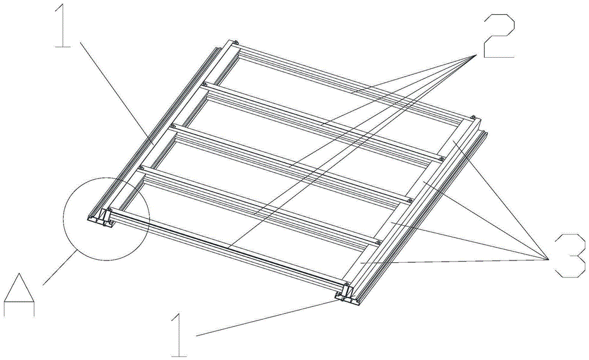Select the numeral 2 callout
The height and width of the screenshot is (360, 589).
click(498, 37)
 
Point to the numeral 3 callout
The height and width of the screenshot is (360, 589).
click(570, 256)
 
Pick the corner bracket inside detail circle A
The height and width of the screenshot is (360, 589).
click(106, 219)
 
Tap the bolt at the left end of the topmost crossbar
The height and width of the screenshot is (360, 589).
click(234, 42)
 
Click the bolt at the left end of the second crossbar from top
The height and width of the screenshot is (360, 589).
click(204, 84)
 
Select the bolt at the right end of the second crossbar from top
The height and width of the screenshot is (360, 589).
click(442, 158)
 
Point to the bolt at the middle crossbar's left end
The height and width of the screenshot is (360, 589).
click(173, 125)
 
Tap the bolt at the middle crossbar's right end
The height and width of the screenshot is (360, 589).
click(410, 200)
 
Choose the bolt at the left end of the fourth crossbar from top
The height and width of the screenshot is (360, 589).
click(141, 167)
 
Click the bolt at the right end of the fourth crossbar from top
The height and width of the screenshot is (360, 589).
click(379, 242)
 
